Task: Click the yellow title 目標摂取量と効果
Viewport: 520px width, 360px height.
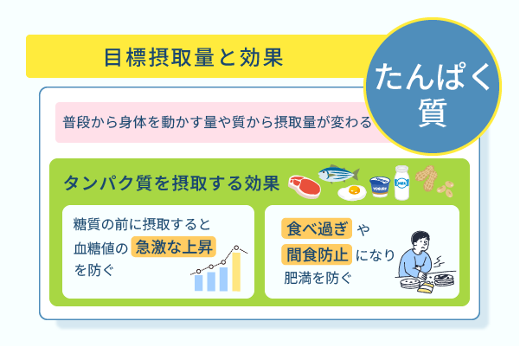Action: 194,57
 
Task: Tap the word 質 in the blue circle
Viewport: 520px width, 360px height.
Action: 433,112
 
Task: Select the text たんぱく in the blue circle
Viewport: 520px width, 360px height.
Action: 433,77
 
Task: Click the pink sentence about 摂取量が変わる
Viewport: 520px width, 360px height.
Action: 217,122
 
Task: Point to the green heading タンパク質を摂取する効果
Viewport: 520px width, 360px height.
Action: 171,183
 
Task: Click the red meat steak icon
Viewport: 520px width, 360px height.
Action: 305,187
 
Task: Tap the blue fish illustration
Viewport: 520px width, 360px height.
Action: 338,173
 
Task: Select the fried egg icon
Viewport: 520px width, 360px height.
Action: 352,192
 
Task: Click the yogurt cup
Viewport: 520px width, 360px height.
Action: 380,187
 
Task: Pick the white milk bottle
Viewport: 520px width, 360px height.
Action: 402,183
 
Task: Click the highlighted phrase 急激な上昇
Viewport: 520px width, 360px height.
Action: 174,247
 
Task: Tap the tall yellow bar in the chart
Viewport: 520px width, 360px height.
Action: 236,272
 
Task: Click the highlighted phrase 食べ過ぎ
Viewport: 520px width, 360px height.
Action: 317,228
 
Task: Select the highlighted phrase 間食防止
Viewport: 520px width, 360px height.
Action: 317,254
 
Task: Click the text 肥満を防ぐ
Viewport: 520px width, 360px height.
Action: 318,278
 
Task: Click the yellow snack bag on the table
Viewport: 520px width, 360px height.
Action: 426,286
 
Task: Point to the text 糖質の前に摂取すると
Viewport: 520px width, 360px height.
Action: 142,224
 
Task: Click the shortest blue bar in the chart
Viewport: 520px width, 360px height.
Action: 198,283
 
